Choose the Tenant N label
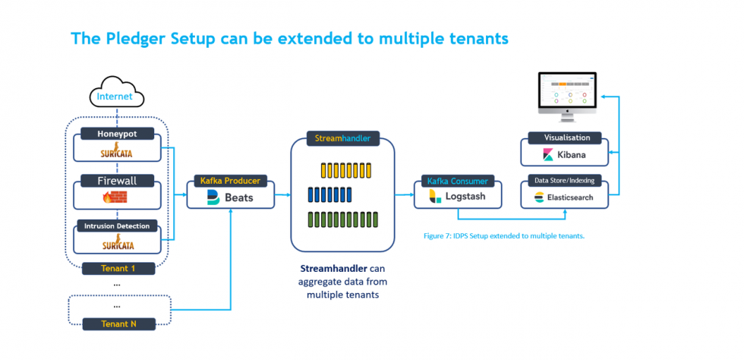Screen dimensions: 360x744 (x=117, y=324)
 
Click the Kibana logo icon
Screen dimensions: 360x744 (x=549, y=155)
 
